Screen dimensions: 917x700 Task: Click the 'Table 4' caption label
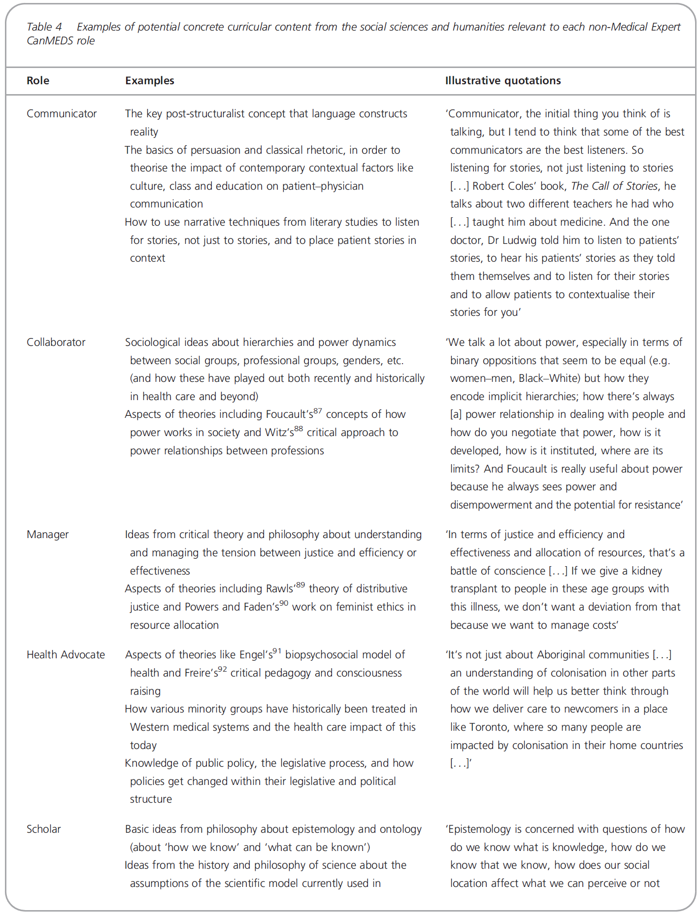pyautogui.click(x=44, y=27)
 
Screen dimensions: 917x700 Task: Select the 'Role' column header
pyautogui.click(x=38, y=81)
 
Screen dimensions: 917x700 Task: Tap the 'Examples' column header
pyautogui.click(x=149, y=81)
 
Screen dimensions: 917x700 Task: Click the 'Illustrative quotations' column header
pyautogui.click(x=502, y=81)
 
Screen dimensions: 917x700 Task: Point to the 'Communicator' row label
pyautogui.click(x=62, y=114)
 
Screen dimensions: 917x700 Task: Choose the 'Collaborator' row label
pyautogui.click(x=56, y=342)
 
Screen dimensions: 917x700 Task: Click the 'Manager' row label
pyautogui.click(x=47, y=535)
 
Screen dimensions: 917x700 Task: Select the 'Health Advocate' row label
pyautogui.click(x=66, y=655)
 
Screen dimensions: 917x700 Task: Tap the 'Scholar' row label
pyautogui.click(x=43, y=829)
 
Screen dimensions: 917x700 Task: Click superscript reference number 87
pyautogui.click(x=318, y=410)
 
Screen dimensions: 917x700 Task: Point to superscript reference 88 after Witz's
pyautogui.click(x=299, y=429)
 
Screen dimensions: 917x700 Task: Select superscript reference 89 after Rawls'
pyautogui.click(x=300, y=585)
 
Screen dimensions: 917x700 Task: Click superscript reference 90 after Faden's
pyautogui.click(x=284, y=603)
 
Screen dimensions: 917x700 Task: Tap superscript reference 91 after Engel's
pyautogui.click(x=277, y=651)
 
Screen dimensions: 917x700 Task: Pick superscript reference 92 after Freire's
pyautogui.click(x=222, y=669)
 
